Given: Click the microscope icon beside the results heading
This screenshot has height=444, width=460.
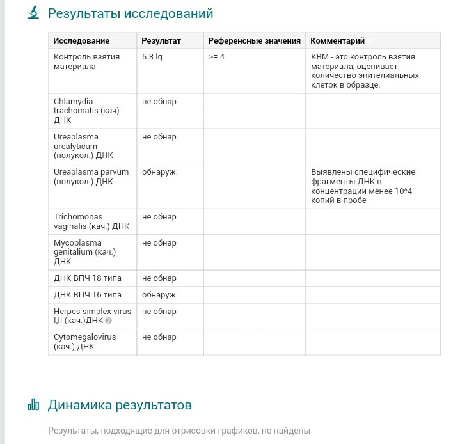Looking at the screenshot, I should (x=33, y=13).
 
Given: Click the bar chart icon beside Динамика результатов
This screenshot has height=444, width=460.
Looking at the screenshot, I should (x=33, y=405).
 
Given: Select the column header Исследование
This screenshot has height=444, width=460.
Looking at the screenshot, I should (x=81, y=41).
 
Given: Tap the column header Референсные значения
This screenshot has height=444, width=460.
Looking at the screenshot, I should (x=254, y=41).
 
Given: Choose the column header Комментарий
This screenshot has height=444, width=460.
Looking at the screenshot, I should (x=337, y=41).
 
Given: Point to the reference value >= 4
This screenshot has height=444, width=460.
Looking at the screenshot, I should (x=216, y=57).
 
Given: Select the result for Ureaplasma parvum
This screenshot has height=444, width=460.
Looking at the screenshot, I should (x=160, y=172).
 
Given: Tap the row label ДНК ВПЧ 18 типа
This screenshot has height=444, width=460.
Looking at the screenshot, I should (x=88, y=278).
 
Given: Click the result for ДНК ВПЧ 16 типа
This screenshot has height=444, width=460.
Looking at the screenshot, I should (x=159, y=295).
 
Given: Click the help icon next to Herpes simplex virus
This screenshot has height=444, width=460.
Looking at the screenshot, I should (x=108, y=321).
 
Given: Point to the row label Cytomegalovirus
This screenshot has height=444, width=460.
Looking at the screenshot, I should (x=76, y=342).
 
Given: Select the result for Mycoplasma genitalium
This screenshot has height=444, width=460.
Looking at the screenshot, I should (x=159, y=243).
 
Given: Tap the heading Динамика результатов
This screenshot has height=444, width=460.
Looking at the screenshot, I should (x=120, y=405).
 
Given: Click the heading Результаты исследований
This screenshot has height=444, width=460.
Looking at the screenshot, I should (x=131, y=13).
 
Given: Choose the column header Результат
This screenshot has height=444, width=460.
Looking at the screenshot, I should (x=161, y=41).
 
